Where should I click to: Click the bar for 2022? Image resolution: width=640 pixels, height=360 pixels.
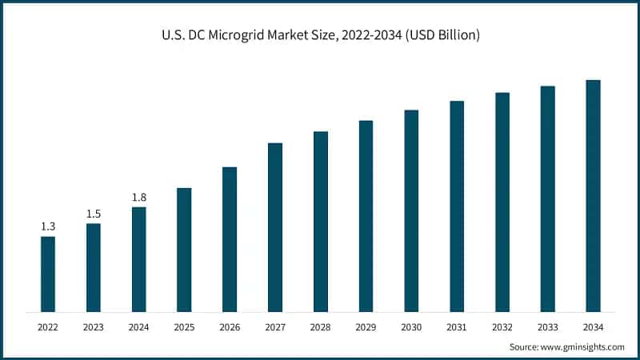tap(48, 274)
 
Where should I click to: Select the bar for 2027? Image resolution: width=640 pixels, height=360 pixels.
tap(275, 227)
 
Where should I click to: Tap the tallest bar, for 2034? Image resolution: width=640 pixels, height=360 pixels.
tap(593, 196)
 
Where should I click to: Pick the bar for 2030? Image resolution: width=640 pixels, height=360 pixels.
tap(411, 210)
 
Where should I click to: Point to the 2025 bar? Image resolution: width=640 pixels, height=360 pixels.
tap(184, 250)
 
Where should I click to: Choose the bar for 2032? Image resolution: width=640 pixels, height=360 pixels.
tap(502, 202)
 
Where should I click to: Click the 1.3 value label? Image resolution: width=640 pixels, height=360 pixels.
tap(48, 226)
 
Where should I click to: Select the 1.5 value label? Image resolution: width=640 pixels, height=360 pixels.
tap(94, 214)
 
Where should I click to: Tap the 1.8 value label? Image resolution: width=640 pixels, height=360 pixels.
tap(139, 197)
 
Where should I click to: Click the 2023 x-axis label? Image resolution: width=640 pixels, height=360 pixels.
tap(94, 327)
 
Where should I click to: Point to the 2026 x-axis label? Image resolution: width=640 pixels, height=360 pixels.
tap(230, 327)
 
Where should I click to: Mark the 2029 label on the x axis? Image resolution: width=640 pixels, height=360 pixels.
tap(366, 327)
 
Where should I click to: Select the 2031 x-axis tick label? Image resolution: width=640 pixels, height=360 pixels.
tap(457, 327)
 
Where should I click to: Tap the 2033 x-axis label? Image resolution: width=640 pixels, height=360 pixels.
tap(547, 327)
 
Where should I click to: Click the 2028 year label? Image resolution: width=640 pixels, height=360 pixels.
tap(320, 327)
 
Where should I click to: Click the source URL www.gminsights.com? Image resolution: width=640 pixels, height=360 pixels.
tap(583, 346)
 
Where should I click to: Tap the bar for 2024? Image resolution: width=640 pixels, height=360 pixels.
tap(139, 259)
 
